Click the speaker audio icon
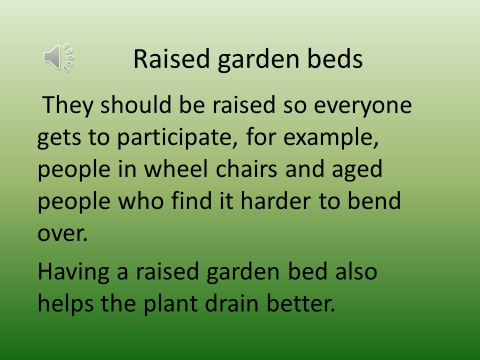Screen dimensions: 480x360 (58, 57)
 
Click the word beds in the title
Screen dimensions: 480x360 (335, 58)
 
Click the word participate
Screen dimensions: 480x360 (177, 138)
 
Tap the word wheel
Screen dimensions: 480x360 (176, 168)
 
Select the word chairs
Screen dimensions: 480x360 (246, 168)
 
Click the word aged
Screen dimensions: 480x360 (357, 169)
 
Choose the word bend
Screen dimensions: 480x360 (374, 200)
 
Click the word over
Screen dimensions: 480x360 (62, 234)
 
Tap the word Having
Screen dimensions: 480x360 (73, 272)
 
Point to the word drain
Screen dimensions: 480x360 (231, 303)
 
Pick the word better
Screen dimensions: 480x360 (301, 303)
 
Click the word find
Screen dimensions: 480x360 (191, 200)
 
